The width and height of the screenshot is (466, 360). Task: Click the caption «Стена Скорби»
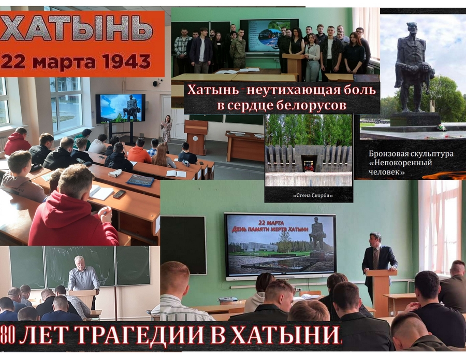coord(309,196)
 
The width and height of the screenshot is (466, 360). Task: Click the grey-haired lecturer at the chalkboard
coord(83,277)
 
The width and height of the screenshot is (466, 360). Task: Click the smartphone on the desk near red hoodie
coord(119,194)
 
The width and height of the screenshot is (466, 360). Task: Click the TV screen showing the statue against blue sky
coord(121,108)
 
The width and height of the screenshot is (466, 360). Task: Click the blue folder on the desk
coord(140,180)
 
